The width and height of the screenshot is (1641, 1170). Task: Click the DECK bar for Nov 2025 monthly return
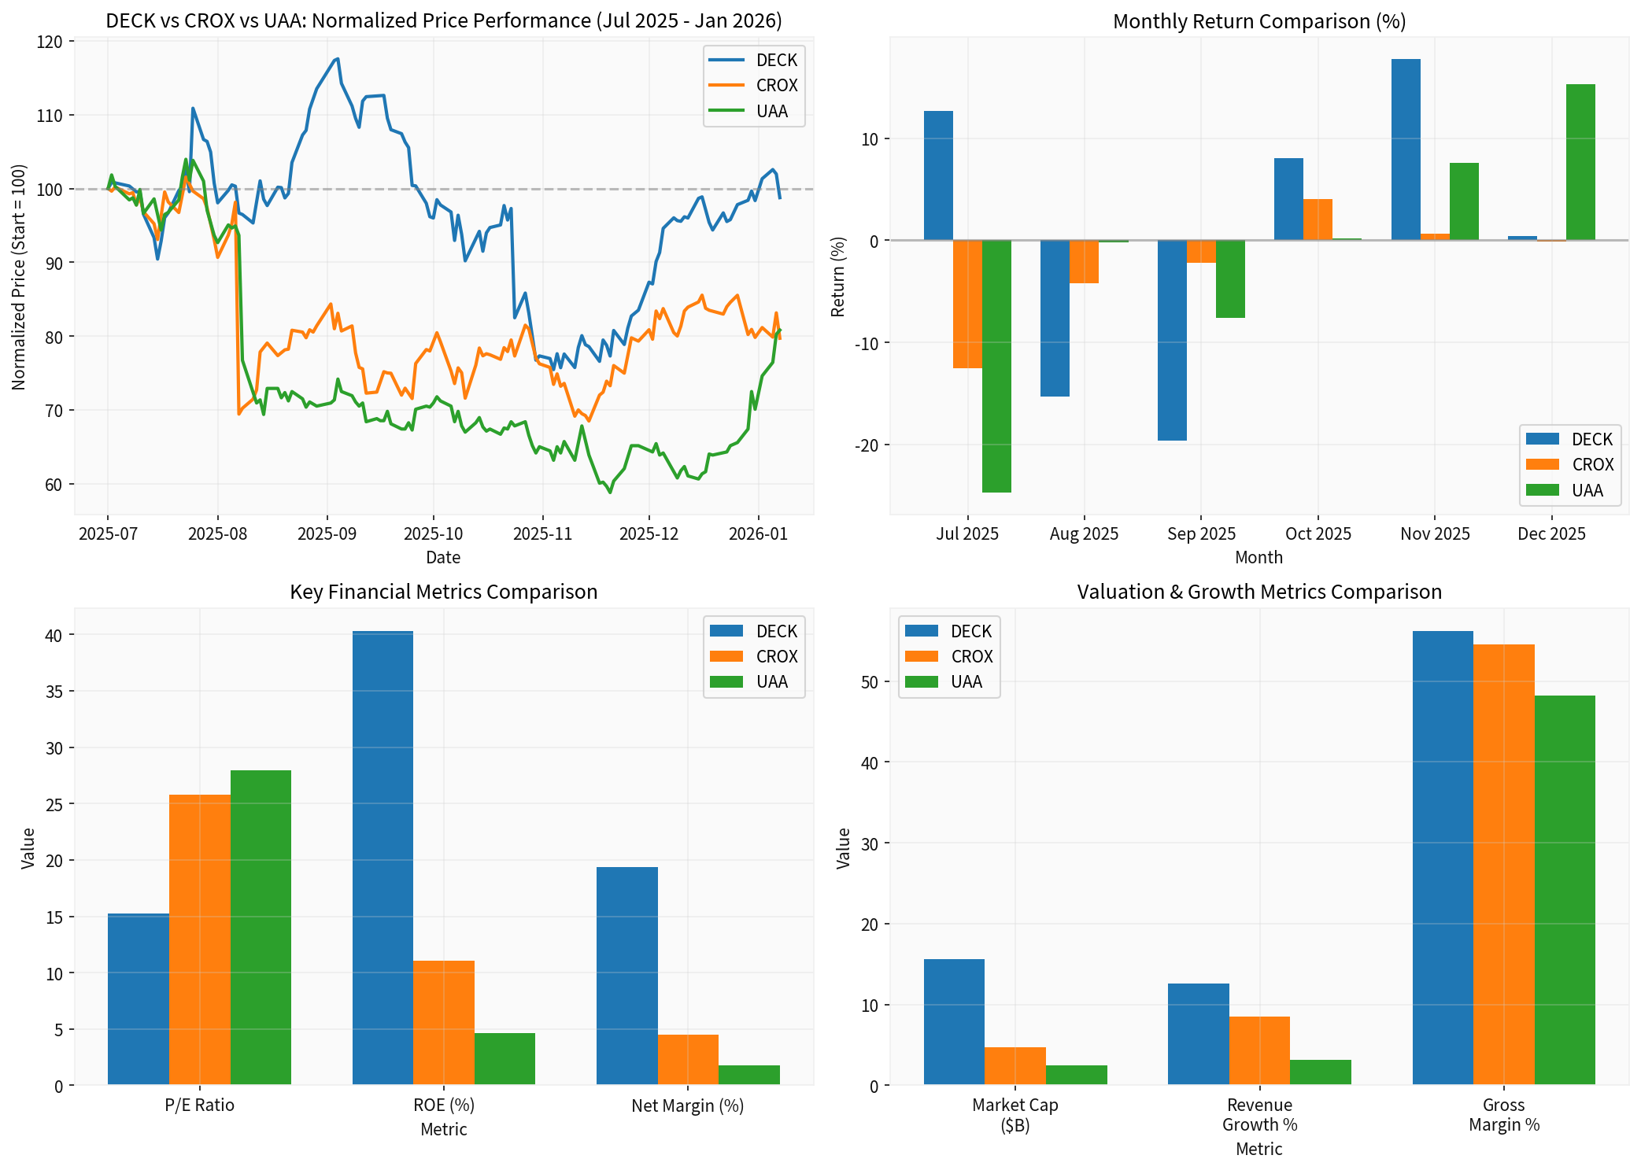(1406, 149)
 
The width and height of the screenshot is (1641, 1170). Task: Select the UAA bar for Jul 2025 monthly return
(996, 366)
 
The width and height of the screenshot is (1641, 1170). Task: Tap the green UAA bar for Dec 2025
(1580, 162)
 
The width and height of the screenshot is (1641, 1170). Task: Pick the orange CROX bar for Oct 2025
(1318, 220)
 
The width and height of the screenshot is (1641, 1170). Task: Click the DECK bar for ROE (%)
(383, 858)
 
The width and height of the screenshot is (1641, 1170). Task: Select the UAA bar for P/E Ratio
(261, 928)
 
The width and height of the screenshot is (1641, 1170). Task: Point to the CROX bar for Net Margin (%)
(688, 1060)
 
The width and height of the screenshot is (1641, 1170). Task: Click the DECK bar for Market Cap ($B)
(954, 1022)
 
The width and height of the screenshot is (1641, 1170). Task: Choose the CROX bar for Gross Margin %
(1503, 865)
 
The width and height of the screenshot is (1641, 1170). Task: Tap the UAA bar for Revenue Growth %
(1320, 1072)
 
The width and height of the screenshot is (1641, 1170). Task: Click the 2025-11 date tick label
(542, 534)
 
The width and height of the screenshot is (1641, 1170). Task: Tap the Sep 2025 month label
(1201, 534)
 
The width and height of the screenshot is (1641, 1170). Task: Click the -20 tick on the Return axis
(868, 445)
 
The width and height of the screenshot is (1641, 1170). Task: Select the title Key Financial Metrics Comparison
(443, 592)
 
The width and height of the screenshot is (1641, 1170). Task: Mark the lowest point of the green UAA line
(610, 493)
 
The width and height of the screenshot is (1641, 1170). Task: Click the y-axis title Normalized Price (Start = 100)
(19, 277)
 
